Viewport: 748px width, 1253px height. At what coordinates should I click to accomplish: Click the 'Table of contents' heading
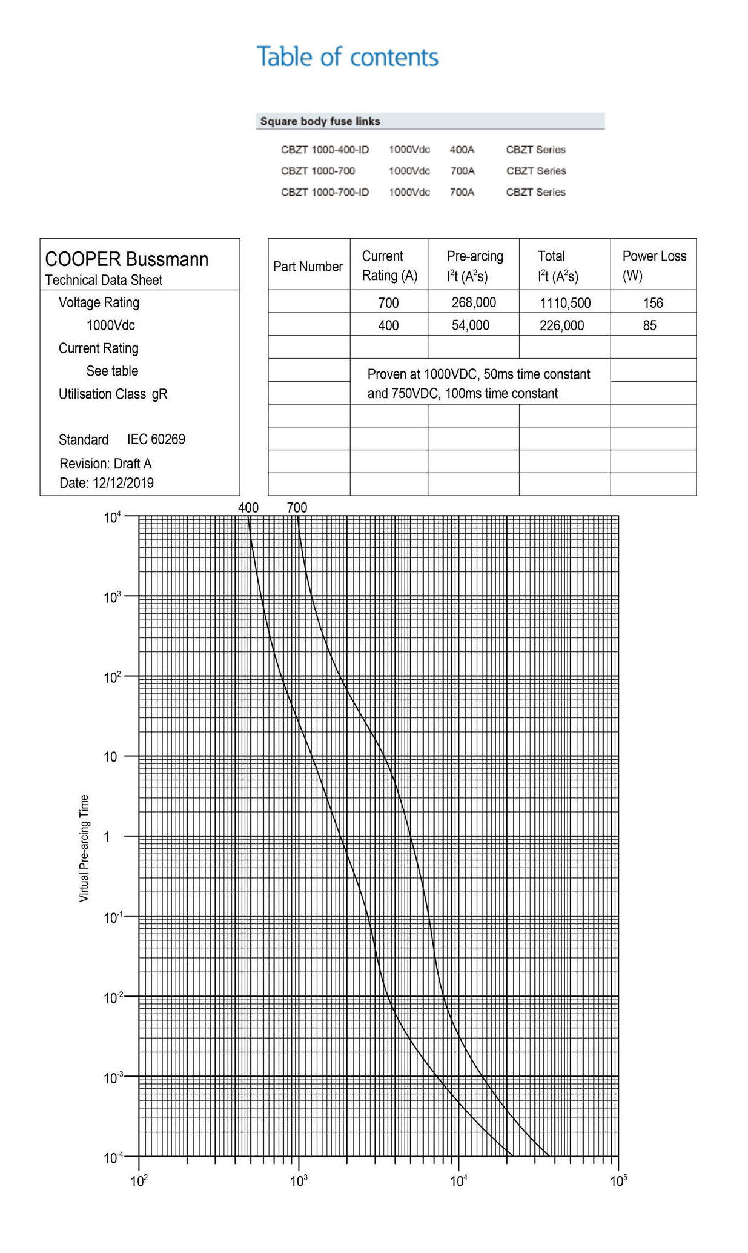point(347,57)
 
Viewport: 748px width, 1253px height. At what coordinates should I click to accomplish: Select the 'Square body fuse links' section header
point(320,121)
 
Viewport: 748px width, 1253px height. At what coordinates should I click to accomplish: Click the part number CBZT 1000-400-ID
point(325,150)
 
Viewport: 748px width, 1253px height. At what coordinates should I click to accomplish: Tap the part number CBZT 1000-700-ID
point(325,192)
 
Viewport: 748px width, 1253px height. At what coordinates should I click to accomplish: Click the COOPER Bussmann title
point(127,259)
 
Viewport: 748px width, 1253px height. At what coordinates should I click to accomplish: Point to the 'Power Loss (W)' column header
point(654,265)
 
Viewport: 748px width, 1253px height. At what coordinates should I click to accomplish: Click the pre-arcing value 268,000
point(474,302)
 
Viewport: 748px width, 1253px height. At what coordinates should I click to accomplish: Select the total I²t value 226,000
point(561,325)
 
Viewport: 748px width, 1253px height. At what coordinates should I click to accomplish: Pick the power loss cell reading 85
point(649,325)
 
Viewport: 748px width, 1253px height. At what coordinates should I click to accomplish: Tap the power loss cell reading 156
point(653,302)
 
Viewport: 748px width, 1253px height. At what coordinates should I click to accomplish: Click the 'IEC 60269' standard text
point(156,439)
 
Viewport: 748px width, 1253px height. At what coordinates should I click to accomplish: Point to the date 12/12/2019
point(107,483)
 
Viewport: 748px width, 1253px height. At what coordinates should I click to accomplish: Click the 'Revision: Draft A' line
point(105,464)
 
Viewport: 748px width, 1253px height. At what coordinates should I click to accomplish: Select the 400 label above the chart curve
point(248,508)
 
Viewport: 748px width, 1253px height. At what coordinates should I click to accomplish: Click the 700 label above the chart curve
point(297,508)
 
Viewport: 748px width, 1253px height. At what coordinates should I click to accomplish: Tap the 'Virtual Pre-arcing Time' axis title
point(84,848)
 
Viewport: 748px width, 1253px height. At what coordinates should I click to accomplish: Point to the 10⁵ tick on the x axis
point(618,1181)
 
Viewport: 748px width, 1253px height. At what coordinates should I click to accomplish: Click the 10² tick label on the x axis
point(139,1181)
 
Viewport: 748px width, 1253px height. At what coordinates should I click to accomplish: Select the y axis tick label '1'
point(107,837)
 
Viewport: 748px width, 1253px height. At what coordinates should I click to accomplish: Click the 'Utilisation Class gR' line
point(113,394)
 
